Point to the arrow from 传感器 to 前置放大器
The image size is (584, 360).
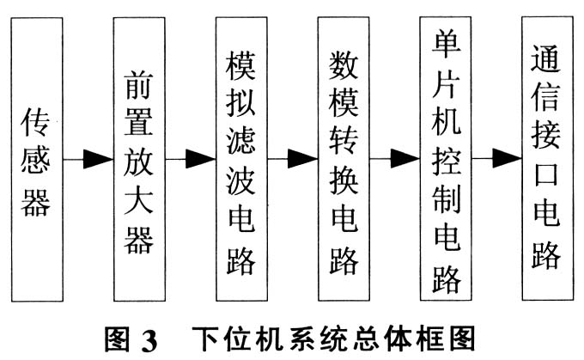[x=88, y=159]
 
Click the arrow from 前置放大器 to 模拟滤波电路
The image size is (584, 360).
[x=189, y=159]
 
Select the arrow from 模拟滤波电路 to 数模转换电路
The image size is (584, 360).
[x=291, y=159]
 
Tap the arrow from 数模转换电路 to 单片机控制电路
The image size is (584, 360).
[x=392, y=159]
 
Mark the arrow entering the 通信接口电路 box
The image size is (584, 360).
[x=495, y=159]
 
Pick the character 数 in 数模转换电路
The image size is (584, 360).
[x=343, y=64]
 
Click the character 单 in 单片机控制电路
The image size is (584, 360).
[x=444, y=40]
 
